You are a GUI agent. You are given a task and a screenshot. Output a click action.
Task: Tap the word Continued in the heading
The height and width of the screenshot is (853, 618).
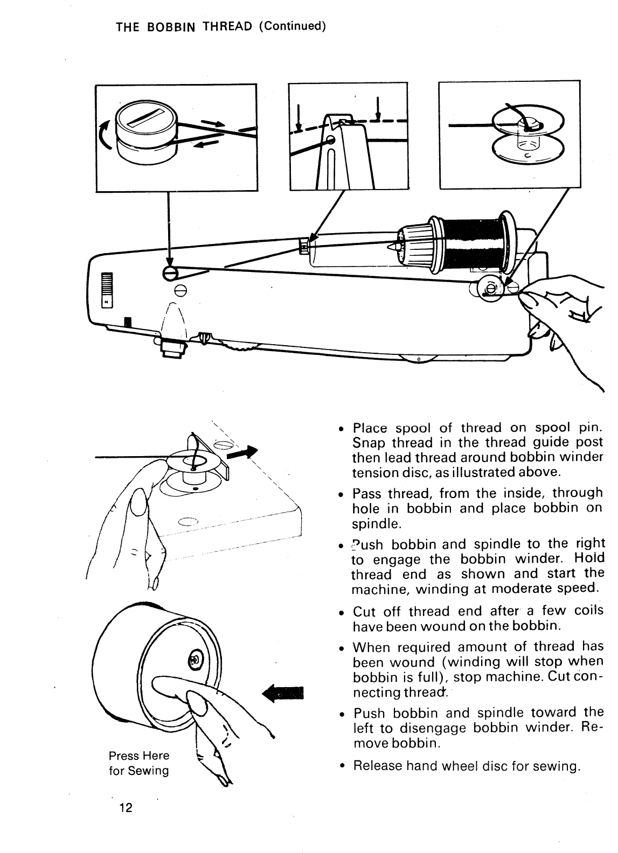click(291, 26)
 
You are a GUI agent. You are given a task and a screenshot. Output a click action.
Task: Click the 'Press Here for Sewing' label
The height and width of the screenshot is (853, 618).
click(139, 763)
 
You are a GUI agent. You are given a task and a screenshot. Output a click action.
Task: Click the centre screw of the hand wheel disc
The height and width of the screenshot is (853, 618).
click(195, 659)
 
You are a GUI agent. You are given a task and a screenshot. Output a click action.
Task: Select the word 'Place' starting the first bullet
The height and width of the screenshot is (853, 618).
click(370, 428)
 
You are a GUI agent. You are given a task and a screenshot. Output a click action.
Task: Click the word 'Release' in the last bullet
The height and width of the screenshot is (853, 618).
click(377, 766)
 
